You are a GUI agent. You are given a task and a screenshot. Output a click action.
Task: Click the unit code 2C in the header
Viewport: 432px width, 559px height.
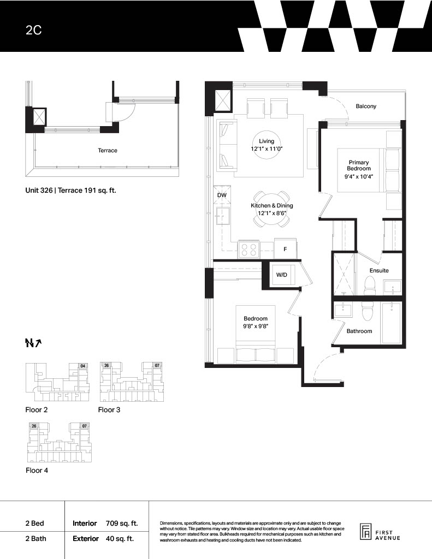click(33, 30)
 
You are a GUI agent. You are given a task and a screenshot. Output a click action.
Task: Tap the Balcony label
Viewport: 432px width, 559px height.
click(366, 106)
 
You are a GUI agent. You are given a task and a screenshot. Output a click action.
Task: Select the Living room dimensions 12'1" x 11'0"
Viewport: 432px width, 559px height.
click(267, 148)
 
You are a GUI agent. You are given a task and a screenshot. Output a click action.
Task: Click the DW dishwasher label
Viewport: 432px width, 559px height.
click(222, 195)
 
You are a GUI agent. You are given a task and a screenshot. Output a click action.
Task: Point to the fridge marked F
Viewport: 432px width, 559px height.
click(285, 249)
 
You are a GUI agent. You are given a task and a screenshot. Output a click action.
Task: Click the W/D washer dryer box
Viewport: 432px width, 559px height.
click(282, 275)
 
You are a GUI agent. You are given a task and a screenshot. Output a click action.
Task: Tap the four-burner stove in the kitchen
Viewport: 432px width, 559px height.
click(249, 249)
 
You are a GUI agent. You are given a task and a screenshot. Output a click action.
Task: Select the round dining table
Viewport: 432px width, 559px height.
click(271, 209)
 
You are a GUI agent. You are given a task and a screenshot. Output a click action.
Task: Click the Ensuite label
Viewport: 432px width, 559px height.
click(379, 271)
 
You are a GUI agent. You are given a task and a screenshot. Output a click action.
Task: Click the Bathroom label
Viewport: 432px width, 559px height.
click(359, 331)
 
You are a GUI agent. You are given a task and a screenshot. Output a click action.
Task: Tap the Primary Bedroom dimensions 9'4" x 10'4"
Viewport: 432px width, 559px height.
click(358, 176)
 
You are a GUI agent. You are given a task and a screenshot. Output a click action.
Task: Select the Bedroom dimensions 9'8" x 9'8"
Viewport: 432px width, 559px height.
click(256, 326)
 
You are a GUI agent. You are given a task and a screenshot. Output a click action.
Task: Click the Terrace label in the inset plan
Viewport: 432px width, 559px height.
click(108, 151)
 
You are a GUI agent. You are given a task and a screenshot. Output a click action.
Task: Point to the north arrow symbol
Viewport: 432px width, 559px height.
click(33, 343)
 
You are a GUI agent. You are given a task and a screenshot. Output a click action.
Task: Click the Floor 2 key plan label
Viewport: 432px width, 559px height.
click(37, 410)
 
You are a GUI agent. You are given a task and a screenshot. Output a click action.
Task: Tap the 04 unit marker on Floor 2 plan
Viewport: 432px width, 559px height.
click(83, 366)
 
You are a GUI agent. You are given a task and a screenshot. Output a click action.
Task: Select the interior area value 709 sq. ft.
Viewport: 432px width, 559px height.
click(122, 524)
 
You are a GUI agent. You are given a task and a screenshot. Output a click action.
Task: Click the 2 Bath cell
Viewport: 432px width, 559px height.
click(35, 538)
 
